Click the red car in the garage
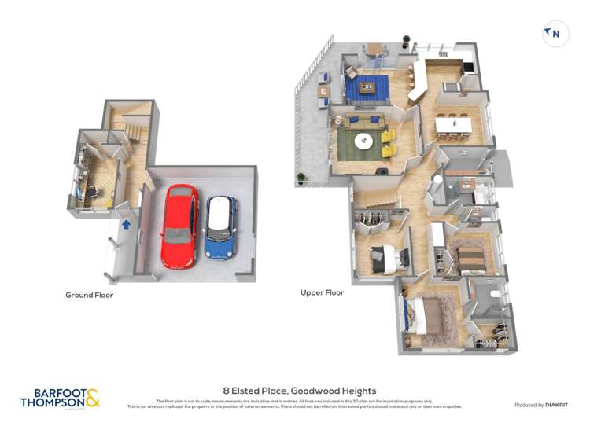tap(179, 226)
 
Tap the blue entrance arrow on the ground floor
tap(125, 224)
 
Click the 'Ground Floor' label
tap(89, 296)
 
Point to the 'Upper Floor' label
tap(323, 292)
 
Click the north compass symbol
tap(555, 34)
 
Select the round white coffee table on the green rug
tap(364, 141)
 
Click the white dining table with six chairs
tap(454, 124)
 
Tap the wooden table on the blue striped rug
tap(367, 86)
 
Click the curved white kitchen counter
tap(416, 81)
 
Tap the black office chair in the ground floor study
tap(91, 190)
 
